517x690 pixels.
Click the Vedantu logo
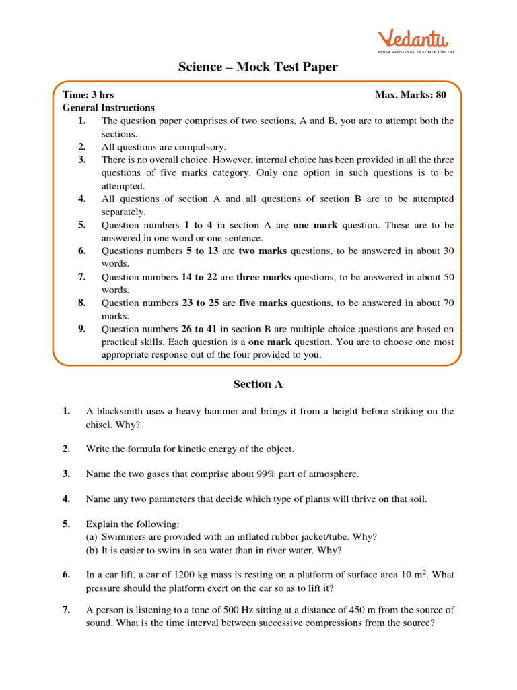415,40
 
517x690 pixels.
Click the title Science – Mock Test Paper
258,67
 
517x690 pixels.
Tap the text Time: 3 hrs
83,95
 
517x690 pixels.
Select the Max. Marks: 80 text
411,95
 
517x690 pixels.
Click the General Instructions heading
108,108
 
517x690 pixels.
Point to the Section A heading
258,385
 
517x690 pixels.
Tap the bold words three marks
263,277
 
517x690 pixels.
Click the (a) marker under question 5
92,537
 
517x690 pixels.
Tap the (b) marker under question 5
92,551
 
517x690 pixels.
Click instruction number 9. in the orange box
81,329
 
